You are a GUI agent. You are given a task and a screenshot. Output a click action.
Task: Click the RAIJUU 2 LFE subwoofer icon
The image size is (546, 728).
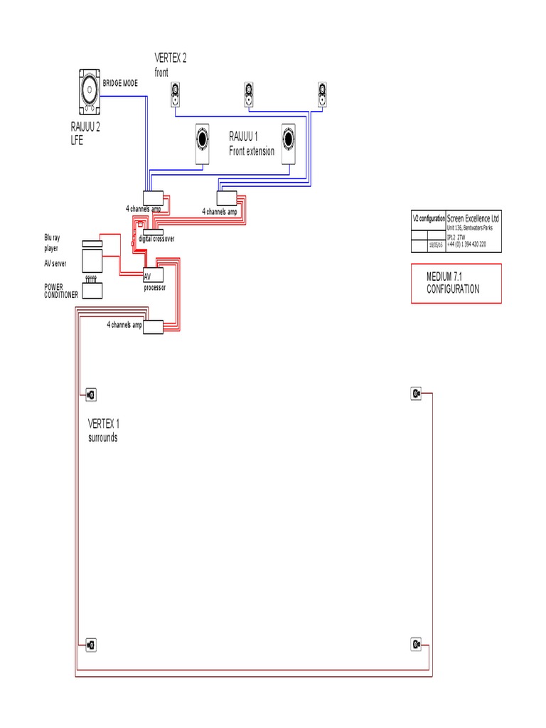[90, 93]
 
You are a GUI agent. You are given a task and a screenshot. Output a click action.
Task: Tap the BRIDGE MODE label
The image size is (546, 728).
[121, 83]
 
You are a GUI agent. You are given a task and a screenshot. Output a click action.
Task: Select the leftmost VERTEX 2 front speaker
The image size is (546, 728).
[175, 95]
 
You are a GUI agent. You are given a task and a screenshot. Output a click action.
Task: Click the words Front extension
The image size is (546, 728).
[251, 151]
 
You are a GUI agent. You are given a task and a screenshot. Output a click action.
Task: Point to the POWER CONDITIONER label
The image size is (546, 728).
[60, 291]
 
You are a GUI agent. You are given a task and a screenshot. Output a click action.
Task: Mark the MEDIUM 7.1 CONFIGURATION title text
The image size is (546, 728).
[453, 284]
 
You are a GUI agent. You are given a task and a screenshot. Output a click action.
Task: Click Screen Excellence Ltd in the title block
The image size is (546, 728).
[472, 219]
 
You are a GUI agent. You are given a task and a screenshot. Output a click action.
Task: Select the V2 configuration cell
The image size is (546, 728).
[429, 219]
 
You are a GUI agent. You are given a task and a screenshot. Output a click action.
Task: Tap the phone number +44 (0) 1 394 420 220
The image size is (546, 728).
[466, 244]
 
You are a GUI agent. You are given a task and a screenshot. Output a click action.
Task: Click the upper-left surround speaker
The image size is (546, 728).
[90, 395]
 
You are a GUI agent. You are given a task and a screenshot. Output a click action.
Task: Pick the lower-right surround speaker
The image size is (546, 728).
[417, 644]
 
